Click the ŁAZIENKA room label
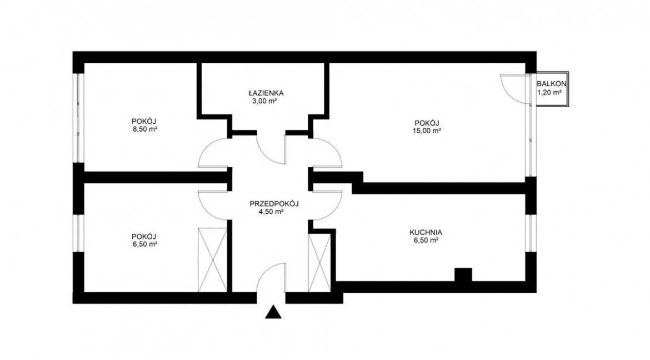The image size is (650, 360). click(x=266, y=93)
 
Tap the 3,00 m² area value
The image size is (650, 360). click(x=264, y=101)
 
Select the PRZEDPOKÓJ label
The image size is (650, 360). click(x=274, y=204)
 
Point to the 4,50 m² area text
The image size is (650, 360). click(x=271, y=212)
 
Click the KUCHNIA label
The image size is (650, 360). click(x=426, y=232)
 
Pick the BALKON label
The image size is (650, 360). click(x=551, y=84)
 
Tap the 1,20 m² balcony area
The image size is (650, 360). click(x=549, y=92)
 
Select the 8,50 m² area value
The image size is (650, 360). click(x=144, y=129)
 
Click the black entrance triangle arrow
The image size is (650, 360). click(x=273, y=313)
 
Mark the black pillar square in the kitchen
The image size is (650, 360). click(x=463, y=275)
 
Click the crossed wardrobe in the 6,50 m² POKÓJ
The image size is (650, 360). click(x=213, y=259)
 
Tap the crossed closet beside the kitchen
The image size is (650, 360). click(x=319, y=262)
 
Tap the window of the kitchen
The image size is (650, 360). click(x=531, y=233)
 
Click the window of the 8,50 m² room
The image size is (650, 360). click(x=78, y=118)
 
